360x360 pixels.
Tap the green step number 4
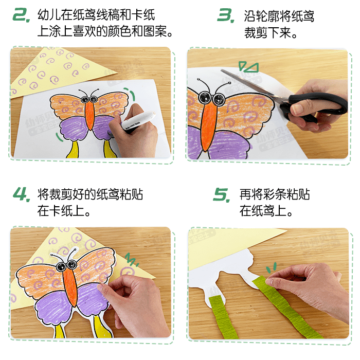21,195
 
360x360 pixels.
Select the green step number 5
222,195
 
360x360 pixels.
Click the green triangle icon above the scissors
248,67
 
